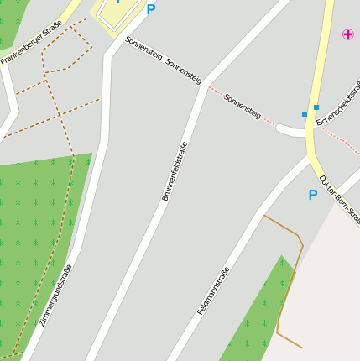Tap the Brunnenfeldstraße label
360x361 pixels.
pos(174,171)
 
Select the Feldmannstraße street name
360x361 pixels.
pos(213,290)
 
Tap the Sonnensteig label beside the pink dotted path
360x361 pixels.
pos(243,106)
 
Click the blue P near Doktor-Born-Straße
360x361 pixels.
pos(313,196)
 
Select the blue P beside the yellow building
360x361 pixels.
pos(151,10)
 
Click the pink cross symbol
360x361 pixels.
pos(348,34)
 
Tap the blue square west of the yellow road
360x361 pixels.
pos(305,114)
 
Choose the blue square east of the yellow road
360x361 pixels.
pos(316,107)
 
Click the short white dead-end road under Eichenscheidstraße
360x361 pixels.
pos(290,129)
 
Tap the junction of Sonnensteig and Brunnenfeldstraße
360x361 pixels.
pos(204,86)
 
